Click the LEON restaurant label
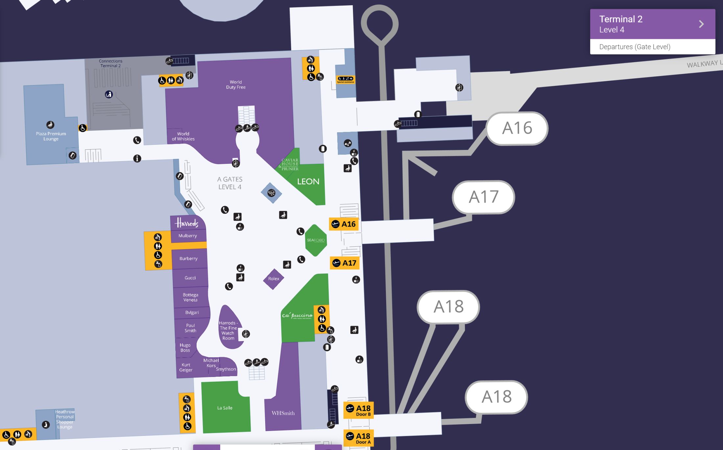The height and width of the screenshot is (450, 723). [308, 182]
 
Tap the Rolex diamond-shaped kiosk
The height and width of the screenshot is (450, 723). [273, 279]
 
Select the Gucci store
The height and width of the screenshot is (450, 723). [190, 278]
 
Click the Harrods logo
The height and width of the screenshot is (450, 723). [187, 223]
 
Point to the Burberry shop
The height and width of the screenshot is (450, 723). [189, 259]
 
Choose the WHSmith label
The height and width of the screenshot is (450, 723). [283, 413]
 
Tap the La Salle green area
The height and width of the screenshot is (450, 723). [225, 408]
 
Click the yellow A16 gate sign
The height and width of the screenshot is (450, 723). [344, 224]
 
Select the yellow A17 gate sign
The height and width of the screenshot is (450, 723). [344, 263]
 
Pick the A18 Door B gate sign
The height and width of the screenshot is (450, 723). [358, 410]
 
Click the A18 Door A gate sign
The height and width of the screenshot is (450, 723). [358, 438]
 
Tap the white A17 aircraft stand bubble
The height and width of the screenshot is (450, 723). [483, 197]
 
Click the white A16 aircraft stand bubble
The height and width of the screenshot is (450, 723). [517, 128]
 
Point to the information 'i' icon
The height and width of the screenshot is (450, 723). [137, 159]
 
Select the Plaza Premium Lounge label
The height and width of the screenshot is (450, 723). [51, 136]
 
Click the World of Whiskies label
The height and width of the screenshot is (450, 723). [183, 136]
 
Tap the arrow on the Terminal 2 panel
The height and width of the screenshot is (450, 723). [701, 24]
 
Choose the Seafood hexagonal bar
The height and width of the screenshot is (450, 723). [315, 240]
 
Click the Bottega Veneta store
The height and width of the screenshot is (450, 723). [190, 297]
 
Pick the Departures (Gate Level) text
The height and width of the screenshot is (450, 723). [635, 47]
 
